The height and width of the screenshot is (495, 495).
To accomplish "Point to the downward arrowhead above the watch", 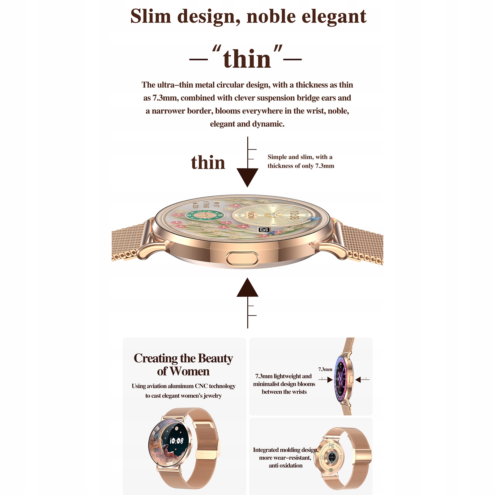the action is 247,177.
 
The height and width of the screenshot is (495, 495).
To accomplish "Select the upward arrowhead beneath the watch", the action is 247,288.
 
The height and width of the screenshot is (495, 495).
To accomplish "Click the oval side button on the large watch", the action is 242,259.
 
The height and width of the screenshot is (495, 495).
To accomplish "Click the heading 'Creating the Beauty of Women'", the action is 183,365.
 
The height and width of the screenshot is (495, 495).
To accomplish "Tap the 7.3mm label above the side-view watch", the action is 325,369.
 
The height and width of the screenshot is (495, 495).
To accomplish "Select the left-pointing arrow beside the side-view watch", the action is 358,379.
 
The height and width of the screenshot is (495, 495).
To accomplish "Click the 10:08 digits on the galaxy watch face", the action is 177,441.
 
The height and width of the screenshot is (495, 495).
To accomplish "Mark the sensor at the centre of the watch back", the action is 331,457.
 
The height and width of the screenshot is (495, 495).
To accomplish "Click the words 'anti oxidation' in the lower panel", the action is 285,466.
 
